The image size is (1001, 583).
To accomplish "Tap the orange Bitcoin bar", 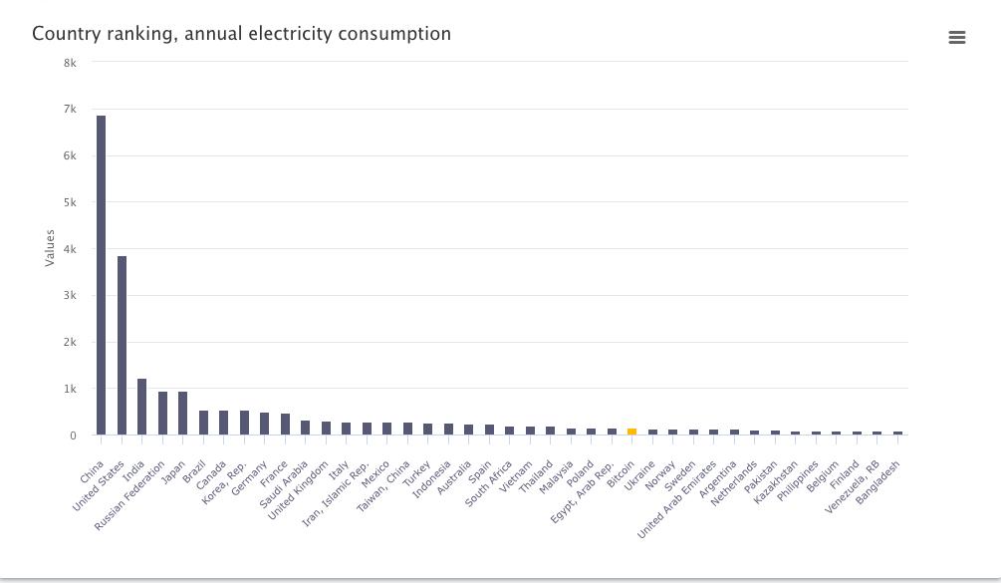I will coord(631,432).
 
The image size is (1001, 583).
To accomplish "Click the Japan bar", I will coord(182,414).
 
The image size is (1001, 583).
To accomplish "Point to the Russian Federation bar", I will coord(162,414).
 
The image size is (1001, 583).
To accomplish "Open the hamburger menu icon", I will coord(957,38).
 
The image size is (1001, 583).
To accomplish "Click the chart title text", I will coord(241,34).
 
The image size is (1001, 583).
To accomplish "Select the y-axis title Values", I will coord(50,248).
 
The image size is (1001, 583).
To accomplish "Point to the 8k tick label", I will coord(70,62).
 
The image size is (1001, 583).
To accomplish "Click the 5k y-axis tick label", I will coord(70,202).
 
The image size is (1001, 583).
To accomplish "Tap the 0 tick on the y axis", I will coord(73,436).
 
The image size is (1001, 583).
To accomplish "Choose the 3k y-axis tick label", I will coord(70,296).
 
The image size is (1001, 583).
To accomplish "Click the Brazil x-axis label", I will coord(193,470).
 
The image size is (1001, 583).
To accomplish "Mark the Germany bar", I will coord(264,424).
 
